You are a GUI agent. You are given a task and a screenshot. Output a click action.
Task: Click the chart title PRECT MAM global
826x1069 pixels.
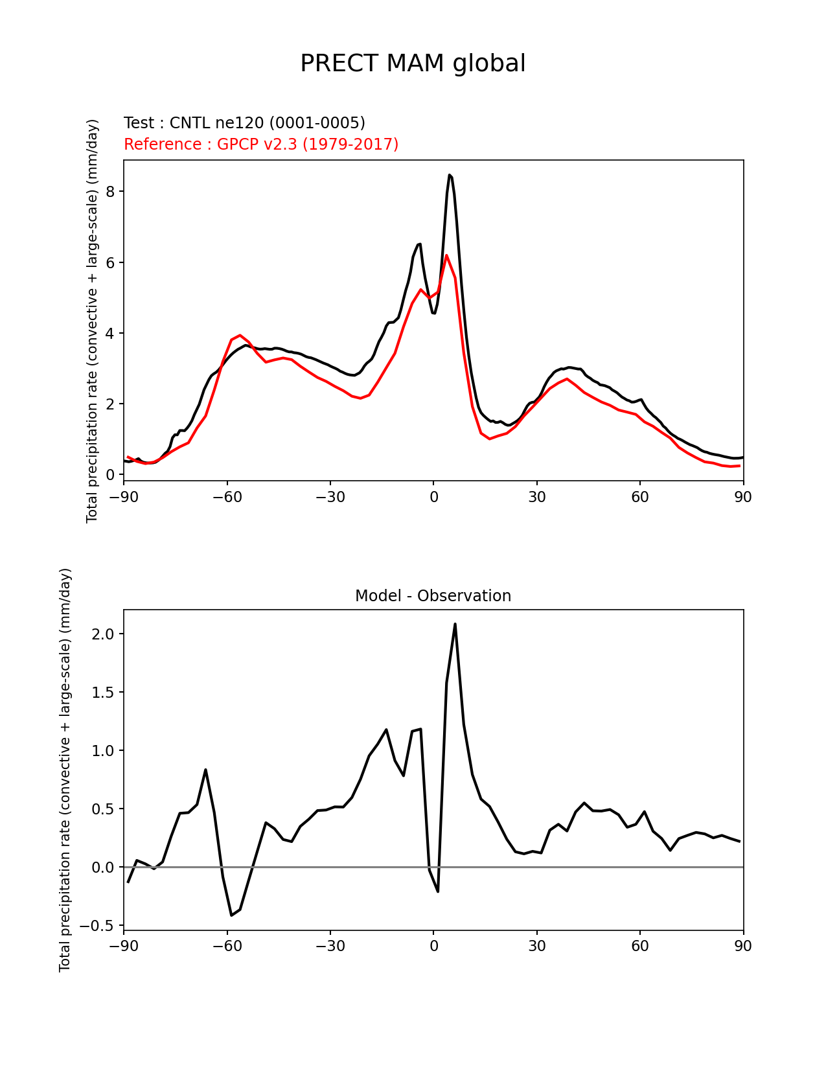coord(413,63)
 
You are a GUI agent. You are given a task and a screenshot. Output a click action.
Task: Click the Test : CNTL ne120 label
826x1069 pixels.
coord(244,123)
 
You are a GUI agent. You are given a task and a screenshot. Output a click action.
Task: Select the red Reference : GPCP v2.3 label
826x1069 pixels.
coord(261,144)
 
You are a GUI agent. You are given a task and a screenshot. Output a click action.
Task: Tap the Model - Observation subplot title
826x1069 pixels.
coord(433,596)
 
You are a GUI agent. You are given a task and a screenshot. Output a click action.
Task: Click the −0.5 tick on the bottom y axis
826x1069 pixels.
coord(98,926)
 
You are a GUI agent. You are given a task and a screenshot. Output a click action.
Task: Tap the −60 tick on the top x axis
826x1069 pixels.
coord(227,497)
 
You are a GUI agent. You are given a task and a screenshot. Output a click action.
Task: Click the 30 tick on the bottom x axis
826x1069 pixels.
coord(536,947)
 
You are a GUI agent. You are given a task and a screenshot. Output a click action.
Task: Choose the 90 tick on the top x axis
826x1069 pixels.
coord(743,497)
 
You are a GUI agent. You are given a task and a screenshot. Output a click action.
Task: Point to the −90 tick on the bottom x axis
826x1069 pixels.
coord(124,947)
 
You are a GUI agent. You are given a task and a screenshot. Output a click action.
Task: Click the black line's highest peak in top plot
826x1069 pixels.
coord(449,175)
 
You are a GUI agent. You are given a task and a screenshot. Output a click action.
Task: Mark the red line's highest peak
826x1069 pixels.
coord(446,255)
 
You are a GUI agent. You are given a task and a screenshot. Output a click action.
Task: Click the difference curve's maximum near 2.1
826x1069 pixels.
coord(455,624)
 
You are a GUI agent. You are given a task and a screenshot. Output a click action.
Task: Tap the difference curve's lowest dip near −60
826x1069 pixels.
coord(231,915)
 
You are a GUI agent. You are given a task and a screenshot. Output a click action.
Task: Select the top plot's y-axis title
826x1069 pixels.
coord(93,321)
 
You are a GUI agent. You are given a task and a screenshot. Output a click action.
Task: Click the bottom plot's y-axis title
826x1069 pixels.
coord(65,770)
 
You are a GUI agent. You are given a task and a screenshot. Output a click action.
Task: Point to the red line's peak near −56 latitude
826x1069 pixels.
coord(240,335)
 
